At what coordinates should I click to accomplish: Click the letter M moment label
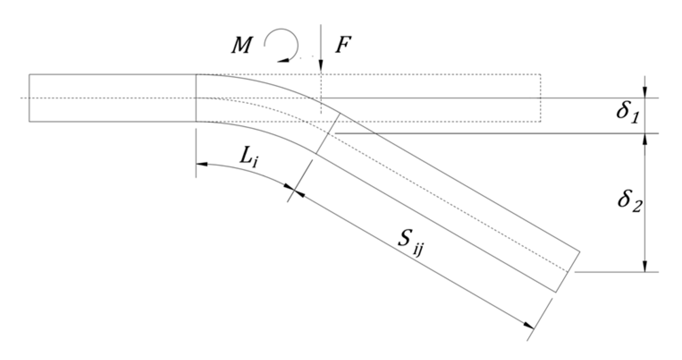tap(241, 46)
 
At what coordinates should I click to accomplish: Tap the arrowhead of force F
tap(320, 68)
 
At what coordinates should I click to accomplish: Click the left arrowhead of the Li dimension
tap(202, 165)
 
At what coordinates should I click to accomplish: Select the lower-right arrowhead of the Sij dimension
tap(529, 325)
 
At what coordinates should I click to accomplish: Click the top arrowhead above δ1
tap(644, 93)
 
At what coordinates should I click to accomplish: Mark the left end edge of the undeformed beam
tap(29, 97)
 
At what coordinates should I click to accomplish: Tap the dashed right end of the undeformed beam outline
tap(540, 97)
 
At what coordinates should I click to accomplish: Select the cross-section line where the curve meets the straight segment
tap(328, 134)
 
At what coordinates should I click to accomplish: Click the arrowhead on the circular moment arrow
tap(283, 58)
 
